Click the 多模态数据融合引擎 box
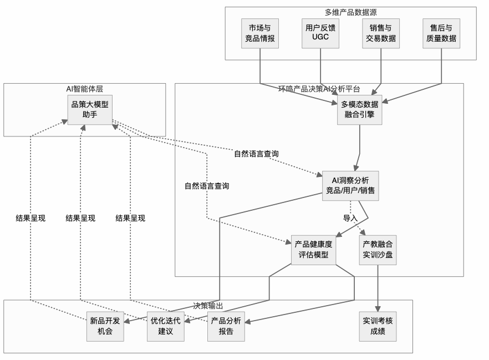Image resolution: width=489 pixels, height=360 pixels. pyautogui.click(x=360, y=109)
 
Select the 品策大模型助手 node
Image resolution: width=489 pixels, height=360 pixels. pyautogui.click(x=90, y=109)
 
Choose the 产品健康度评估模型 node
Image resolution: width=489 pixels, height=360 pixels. pyautogui.click(x=314, y=250)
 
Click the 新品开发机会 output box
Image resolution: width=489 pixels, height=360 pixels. pyautogui.click(x=105, y=326)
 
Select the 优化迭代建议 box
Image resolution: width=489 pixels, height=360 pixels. pyautogui.click(x=166, y=326)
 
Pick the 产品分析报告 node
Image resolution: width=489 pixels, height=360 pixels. pyautogui.click(x=226, y=326)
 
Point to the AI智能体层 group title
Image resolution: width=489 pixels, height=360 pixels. pyautogui.click(x=85, y=88)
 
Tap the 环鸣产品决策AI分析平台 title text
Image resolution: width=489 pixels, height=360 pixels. pyautogui.click(x=319, y=88)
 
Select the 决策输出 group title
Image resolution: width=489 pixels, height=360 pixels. pyautogui.click(x=208, y=305)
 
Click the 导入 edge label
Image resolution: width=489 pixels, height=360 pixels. pyautogui.click(x=350, y=218)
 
